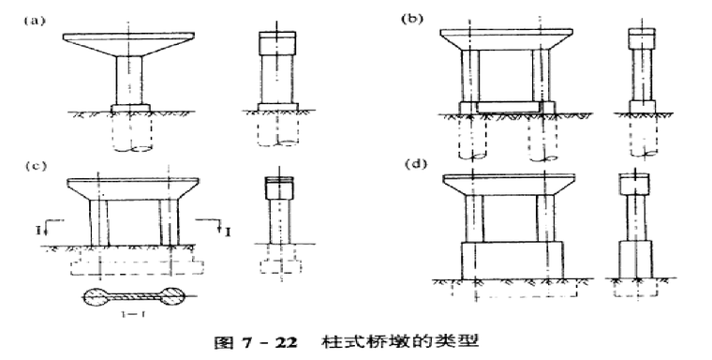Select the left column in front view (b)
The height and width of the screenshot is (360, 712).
tap(470, 75)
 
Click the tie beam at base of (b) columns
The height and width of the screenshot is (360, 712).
tap(507, 106)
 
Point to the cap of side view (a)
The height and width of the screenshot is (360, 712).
tap(276, 44)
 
